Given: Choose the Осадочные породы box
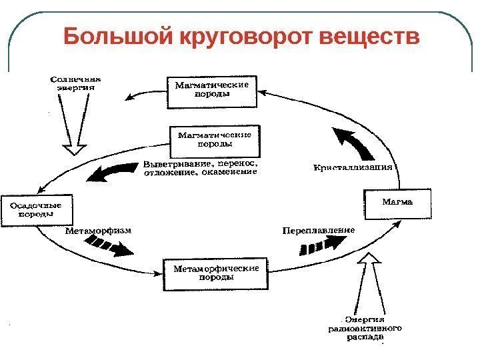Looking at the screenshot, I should [35, 210].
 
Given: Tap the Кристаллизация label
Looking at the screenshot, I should [353, 167].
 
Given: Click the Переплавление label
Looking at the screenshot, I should [318, 231].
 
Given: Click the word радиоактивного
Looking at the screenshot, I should [365, 328].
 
